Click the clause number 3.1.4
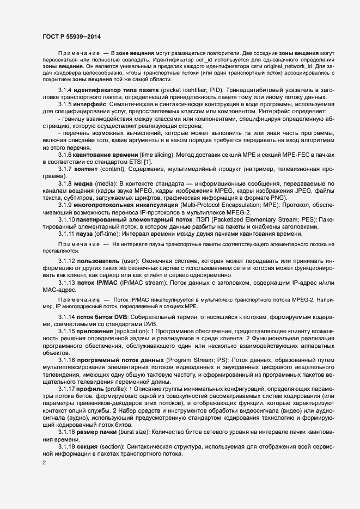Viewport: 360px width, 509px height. (66, 88)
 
